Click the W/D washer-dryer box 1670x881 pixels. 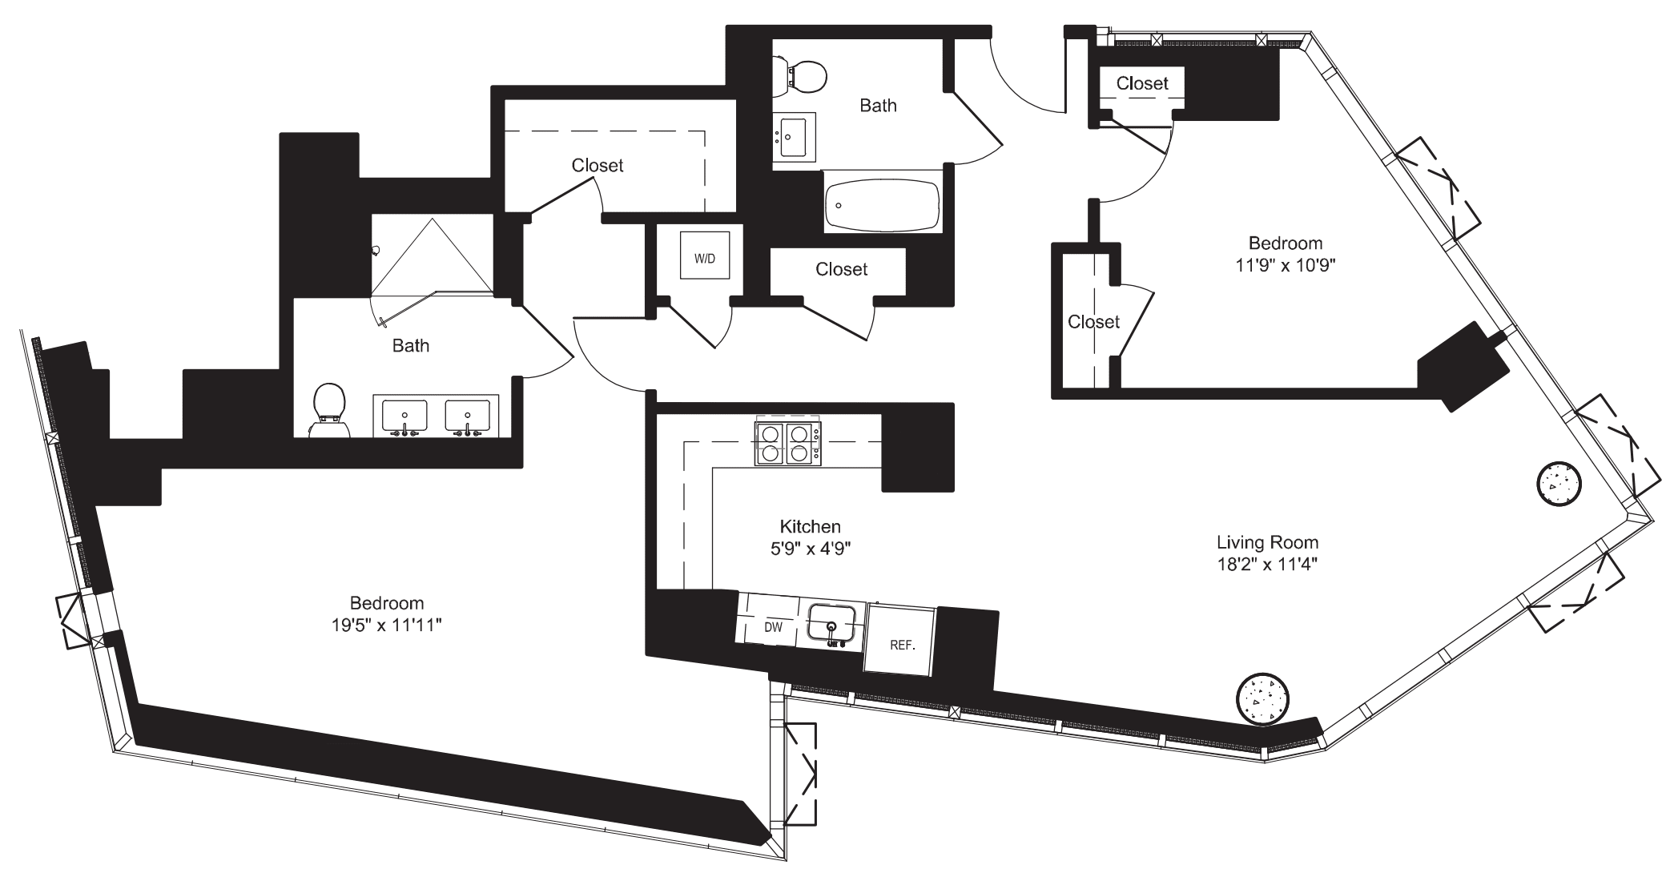click(x=705, y=255)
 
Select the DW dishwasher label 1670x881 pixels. click(x=772, y=627)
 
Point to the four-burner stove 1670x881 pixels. click(x=787, y=444)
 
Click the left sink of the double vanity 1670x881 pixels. click(x=404, y=416)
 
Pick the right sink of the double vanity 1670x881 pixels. click(x=467, y=416)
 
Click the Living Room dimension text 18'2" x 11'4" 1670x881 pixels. click(x=1266, y=564)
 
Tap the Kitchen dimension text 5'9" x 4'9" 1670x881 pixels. click(x=810, y=549)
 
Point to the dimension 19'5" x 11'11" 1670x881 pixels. click(x=387, y=625)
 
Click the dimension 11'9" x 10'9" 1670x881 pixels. click(x=1285, y=264)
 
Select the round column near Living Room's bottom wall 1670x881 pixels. click(x=1262, y=698)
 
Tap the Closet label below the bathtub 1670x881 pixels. click(x=841, y=269)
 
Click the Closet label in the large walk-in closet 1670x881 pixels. click(x=597, y=165)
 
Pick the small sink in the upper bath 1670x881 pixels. click(x=795, y=137)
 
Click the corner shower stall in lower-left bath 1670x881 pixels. click(x=433, y=255)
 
